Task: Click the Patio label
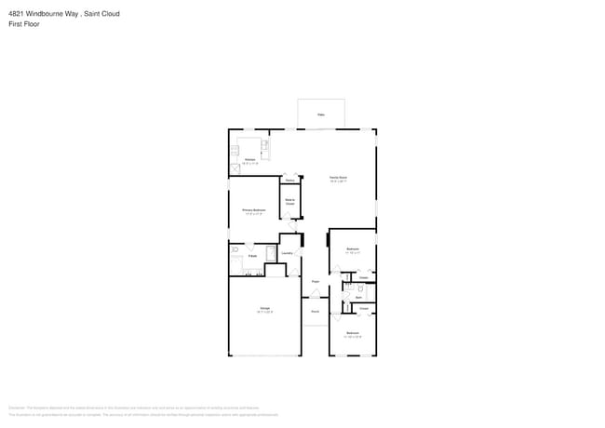[x=321, y=114]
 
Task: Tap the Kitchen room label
[x=249, y=161]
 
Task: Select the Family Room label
[x=338, y=179]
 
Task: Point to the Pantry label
[x=289, y=180]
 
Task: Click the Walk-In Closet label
[x=289, y=201]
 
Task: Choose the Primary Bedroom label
[x=254, y=211]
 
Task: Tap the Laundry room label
[x=288, y=252]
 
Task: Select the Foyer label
[x=316, y=280]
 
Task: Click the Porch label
[x=315, y=311]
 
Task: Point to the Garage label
[x=264, y=309]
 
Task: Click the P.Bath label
[x=252, y=255]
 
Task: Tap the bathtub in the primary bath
[x=271, y=252]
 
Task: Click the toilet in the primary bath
[x=235, y=251]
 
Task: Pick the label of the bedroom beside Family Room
[x=353, y=249]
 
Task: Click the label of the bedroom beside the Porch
[x=353, y=334]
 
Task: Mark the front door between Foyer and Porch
[x=315, y=298]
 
